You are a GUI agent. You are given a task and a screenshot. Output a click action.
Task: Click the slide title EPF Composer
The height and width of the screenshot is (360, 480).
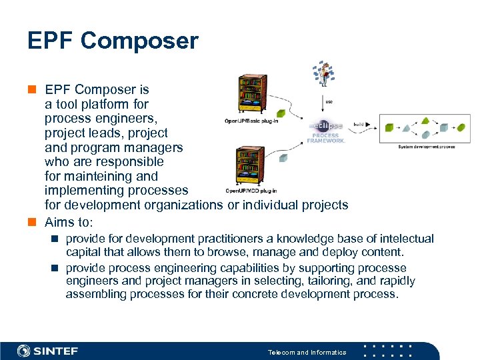pyautogui.click(x=113, y=41)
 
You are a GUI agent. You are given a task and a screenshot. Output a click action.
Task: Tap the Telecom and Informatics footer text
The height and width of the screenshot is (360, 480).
pyautogui.click(x=307, y=352)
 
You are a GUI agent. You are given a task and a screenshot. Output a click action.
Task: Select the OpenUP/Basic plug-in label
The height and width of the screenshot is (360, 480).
pyautogui.click(x=251, y=121)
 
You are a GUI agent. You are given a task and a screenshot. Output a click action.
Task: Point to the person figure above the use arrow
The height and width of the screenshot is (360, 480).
pyautogui.click(x=325, y=74)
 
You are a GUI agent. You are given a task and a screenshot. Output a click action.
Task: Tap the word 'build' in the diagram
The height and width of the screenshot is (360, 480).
pyautogui.click(x=359, y=125)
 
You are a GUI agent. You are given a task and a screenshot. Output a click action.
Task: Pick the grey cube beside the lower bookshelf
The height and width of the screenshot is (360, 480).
pyautogui.click(x=284, y=158)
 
